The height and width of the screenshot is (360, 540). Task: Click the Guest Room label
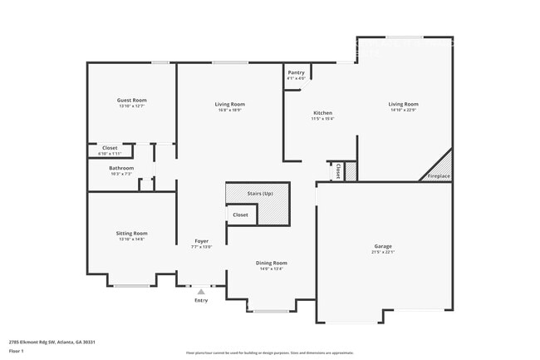(131, 100)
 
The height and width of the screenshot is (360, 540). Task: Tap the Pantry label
(296, 72)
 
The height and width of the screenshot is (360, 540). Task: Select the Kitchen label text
(322, 113)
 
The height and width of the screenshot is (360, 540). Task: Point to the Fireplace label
(439, 176)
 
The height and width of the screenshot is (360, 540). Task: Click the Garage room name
(383, 246)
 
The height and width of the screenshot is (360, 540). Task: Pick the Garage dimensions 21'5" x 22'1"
(383, 252)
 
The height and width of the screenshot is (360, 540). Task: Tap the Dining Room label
(272, 263)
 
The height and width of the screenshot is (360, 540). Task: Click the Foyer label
(202, 241)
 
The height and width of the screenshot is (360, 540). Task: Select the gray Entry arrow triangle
(201, 291)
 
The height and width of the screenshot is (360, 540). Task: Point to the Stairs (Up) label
(260, 193)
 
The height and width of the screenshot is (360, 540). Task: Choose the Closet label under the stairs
(240, 215)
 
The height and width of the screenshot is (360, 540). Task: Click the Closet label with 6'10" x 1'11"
(110, 148)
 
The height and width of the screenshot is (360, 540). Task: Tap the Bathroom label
(121, 168)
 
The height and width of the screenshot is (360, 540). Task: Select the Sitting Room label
(131, 234)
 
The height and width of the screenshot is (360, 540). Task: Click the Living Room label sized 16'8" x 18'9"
(230, 104)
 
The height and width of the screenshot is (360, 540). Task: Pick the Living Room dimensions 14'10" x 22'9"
(403, 110)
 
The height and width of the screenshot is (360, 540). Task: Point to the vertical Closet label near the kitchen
(338, 170)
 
